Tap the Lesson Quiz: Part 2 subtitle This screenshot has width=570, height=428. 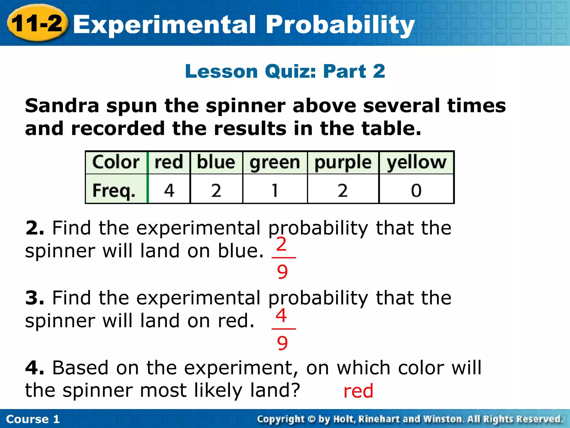(285, 71)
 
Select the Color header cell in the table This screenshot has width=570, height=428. (116, 162)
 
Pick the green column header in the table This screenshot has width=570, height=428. (275, 163)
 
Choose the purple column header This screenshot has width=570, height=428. (343, 163)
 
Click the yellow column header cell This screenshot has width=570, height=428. (416, 163)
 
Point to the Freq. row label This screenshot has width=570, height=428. (114, 191)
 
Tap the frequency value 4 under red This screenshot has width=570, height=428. (169, 191)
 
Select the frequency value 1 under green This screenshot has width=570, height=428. (275, 191)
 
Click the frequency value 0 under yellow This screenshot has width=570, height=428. (416, 191)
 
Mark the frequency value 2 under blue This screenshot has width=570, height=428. (216, 191)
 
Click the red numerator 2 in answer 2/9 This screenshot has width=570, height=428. (282, 244)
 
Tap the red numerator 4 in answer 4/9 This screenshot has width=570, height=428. (282, 315)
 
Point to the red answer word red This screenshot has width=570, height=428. (358, 391)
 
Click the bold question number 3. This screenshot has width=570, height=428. (35, 298)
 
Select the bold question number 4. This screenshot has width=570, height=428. (35, 368)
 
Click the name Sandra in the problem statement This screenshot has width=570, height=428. (62, 106)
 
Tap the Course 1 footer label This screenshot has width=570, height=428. (33, 419)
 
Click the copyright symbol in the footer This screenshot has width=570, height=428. (311, 419)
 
